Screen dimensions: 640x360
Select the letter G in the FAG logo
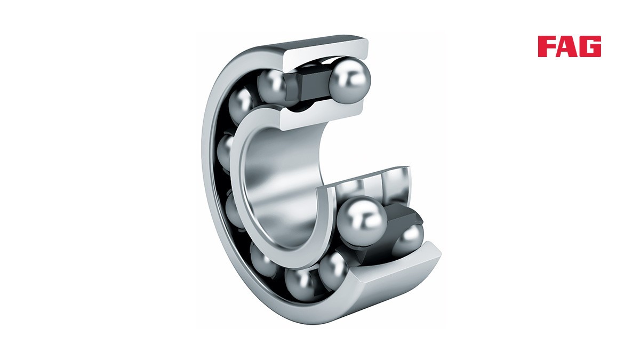[x=590, y=46]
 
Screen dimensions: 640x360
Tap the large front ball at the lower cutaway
[x=362, y=221]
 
